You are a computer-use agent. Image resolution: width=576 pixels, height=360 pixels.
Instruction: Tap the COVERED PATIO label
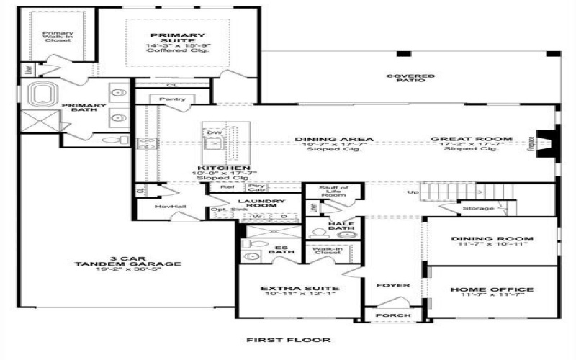point(410,78)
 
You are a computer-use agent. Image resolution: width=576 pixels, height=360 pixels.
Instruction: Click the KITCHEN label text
point(214,168)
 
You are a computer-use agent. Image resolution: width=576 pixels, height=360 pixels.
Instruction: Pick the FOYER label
point(394,285)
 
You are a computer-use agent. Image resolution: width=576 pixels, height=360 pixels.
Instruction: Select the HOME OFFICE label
point(492,289)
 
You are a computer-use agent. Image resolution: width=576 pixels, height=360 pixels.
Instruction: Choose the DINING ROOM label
point(492,238)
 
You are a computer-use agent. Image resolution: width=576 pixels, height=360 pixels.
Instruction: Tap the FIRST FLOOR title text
point(288,340)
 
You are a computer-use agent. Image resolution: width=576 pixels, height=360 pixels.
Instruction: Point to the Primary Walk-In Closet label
point(56,36)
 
